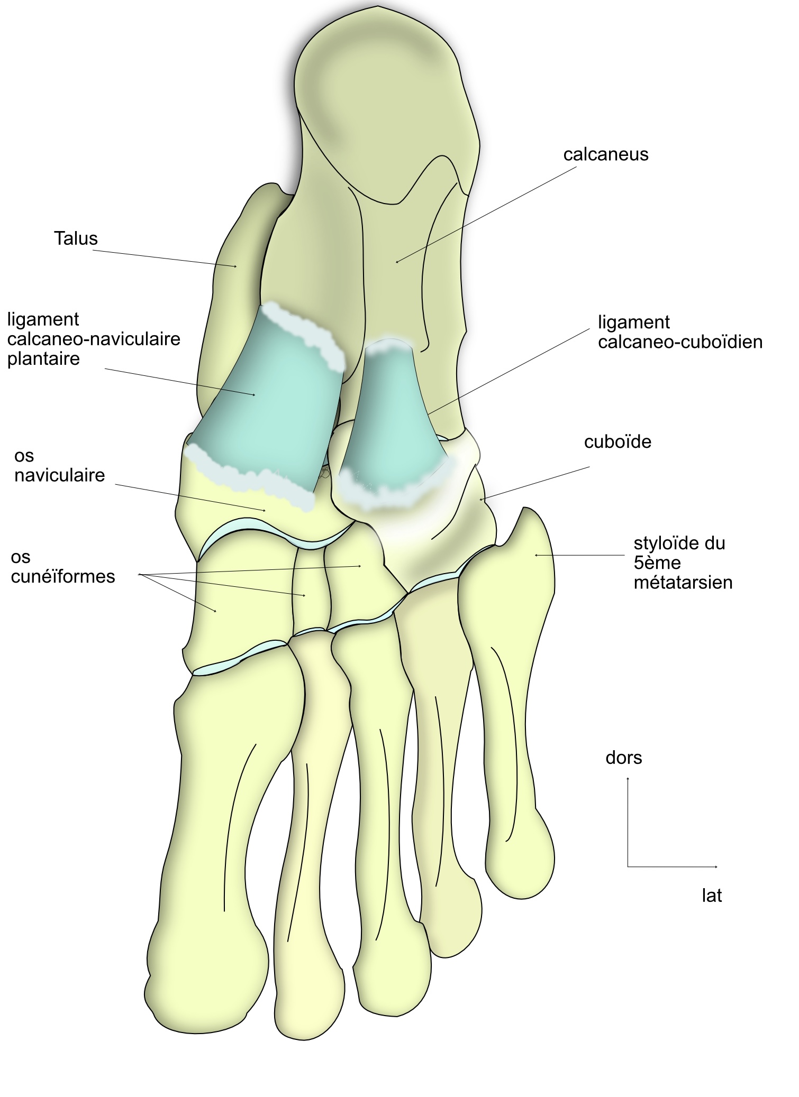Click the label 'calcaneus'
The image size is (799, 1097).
(605, 154)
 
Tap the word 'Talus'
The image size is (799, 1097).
(76, 238)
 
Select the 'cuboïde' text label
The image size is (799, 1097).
(617, 441)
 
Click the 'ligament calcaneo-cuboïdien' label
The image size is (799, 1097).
(680, 332)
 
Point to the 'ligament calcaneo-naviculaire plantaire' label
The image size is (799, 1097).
(94, 339)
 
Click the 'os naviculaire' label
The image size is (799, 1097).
(59, 465)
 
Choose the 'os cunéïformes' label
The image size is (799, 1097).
(62, 566)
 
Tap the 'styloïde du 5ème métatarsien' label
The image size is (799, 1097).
(683, 563)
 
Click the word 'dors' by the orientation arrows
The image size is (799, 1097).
(623, 758)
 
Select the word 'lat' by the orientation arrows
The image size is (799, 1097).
(711, 896)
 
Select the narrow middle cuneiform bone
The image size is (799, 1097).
(311, 592)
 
